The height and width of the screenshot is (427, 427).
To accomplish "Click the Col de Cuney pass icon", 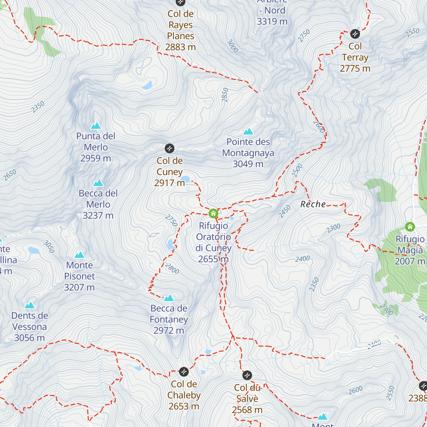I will (169, 148).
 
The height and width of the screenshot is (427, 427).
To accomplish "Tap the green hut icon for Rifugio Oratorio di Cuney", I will (213, 213).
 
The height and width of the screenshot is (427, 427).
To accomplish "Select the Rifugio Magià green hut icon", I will (410, 227).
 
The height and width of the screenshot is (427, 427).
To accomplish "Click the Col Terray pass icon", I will (355, 34).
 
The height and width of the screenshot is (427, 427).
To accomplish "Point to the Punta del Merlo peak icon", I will (95, 126).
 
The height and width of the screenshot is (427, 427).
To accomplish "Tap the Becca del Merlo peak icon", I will (98, 183).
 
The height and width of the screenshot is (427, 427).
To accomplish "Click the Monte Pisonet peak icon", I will (79, 255).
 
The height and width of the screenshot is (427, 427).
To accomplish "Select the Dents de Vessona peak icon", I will (30, 305).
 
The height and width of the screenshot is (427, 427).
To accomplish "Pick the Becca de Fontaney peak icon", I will (169, 298).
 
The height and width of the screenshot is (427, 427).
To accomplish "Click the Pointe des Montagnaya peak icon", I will (248, 131).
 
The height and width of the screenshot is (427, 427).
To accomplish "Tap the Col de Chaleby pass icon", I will (184, 371).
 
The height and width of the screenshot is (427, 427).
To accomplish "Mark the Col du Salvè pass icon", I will (247, 375).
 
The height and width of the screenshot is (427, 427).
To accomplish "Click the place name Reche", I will (313, 204).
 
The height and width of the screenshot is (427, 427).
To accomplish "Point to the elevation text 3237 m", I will (98, 216).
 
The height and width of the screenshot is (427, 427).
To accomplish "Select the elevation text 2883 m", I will (180, 47).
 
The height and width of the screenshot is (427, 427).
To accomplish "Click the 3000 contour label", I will (232, 46).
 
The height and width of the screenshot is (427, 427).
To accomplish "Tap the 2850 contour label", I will (225, 95).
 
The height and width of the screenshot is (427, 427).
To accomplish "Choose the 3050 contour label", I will (49, 247).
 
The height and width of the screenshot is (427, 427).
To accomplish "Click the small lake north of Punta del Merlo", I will (147, 85).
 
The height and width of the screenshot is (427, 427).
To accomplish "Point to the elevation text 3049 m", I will (248, 164).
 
